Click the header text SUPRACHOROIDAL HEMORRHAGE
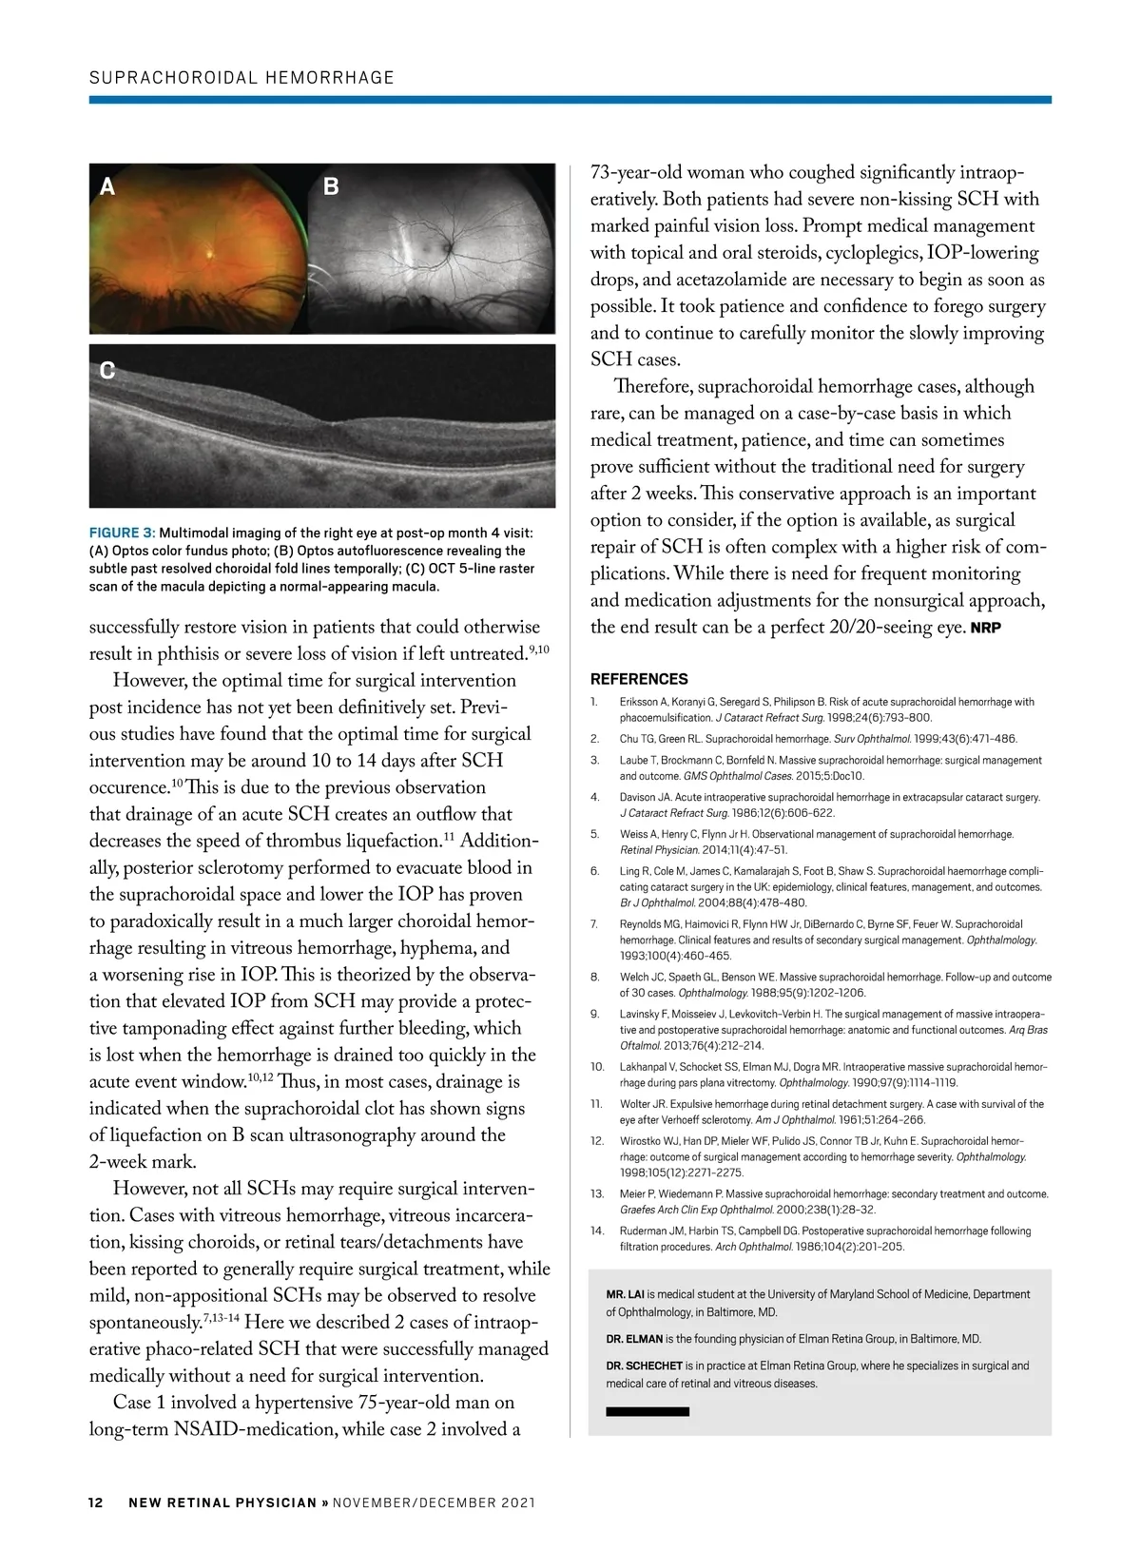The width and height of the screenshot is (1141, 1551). click(x=242, y=78)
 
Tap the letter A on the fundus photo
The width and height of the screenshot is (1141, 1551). click(x=107, y=187)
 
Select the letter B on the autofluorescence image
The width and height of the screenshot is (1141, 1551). click(x=331, y=187)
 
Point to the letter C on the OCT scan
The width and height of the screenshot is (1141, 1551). click(x=107, y=371)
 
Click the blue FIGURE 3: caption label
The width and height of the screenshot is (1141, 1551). click(x=123, y=533)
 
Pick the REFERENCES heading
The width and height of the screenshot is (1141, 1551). click(x=639, y=679)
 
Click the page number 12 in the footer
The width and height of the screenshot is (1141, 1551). click(x=96, y=1503)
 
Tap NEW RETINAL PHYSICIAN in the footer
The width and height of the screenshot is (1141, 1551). click(x=222, y=1503)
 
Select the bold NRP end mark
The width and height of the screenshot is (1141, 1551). click(x=985, y=628)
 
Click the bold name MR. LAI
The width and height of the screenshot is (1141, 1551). click(x=625, y=1294)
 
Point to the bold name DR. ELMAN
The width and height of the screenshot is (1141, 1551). click(x=634, y=1339)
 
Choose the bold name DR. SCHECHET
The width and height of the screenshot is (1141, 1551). click(x=644, y=1366)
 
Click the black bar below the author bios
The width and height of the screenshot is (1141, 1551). click(x=648, y=1412)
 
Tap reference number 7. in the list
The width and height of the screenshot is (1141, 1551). click(x=594, y=923)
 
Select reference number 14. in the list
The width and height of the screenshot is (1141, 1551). click(x=597, y=1231)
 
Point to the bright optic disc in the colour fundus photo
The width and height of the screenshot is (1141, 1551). click(x=210, y=254)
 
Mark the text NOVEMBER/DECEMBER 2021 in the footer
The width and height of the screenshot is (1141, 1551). click(x=435, y=1503)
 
